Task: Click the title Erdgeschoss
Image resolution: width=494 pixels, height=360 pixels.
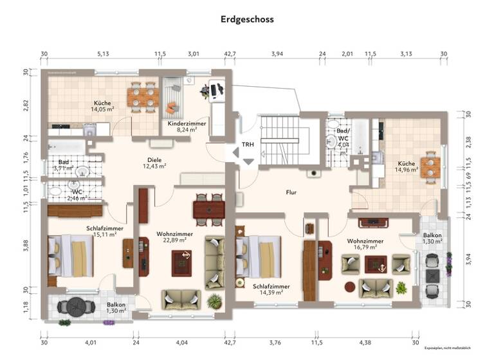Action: tap(247, 19)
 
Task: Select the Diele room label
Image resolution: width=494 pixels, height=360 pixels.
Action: tap(153, 160)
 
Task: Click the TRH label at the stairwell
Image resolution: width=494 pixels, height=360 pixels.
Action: tap(248, 145)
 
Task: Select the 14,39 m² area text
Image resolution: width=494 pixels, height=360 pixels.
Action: tap(271, 292)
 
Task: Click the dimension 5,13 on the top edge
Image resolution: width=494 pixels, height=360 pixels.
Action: tap(103, 55)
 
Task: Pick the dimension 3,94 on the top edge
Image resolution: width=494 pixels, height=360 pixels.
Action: tap(277, 55)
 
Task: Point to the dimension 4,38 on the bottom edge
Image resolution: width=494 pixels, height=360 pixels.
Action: tap(366, 342)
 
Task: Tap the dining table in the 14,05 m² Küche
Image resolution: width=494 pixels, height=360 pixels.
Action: tap(143, 96)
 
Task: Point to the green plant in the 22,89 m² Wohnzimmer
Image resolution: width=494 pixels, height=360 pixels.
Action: tap(213, 300)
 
